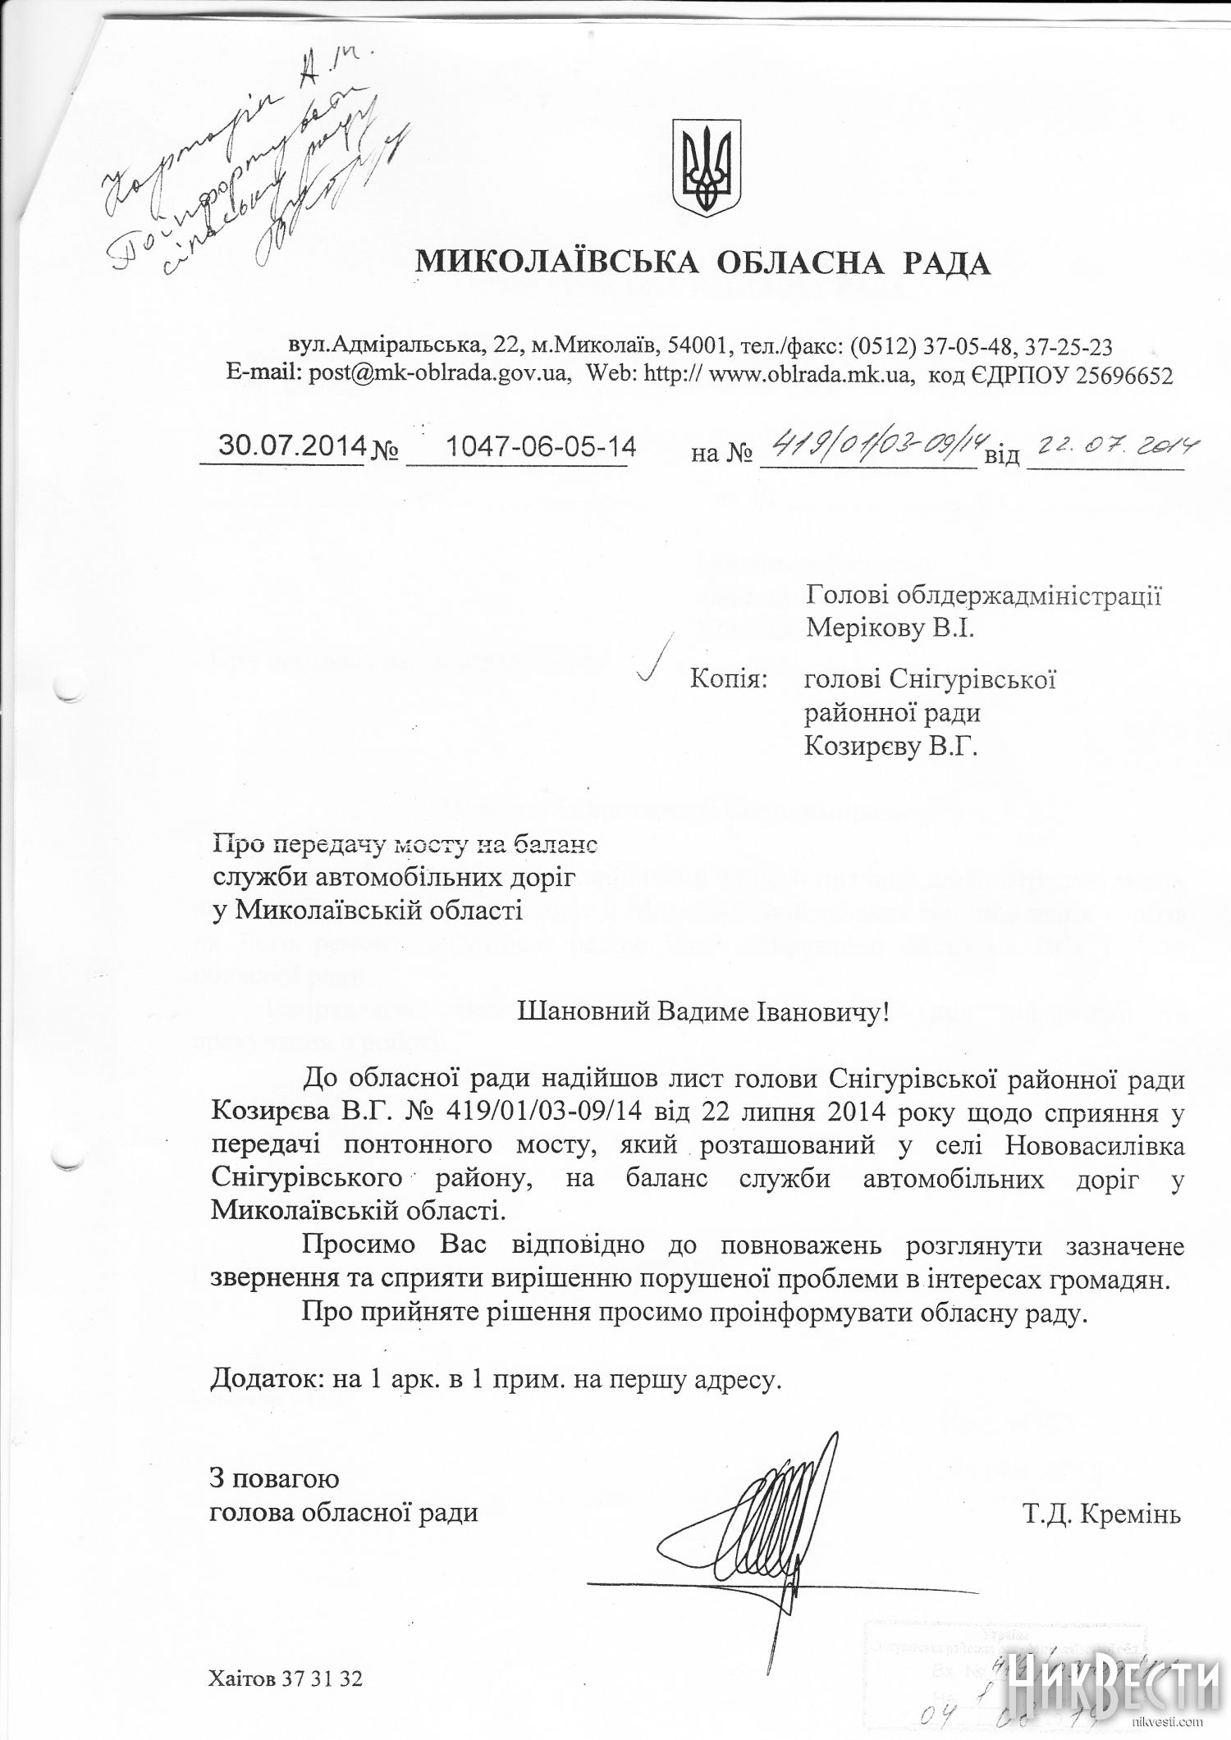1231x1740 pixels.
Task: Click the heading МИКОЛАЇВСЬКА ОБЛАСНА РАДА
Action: click(x=704, y=263)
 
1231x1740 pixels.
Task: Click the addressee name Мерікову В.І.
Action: click(x=892, y=628)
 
